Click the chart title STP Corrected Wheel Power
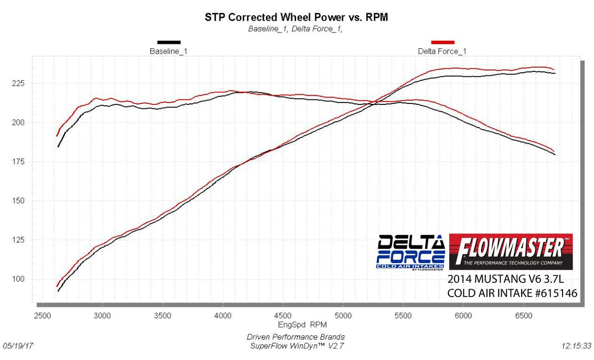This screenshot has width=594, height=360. tap(297, 18)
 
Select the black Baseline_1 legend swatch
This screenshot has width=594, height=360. tap(168, 42)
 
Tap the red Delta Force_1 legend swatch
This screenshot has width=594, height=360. tap(442, 42)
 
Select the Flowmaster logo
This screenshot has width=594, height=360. tap(511, 251)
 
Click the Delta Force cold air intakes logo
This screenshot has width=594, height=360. tap(411, 251)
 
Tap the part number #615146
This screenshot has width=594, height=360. tap(555, 294)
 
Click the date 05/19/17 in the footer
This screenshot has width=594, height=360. tap(18, 346)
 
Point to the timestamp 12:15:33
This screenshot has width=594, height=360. tap(576, 346)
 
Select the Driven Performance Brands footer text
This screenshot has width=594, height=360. tap(296, 337)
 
